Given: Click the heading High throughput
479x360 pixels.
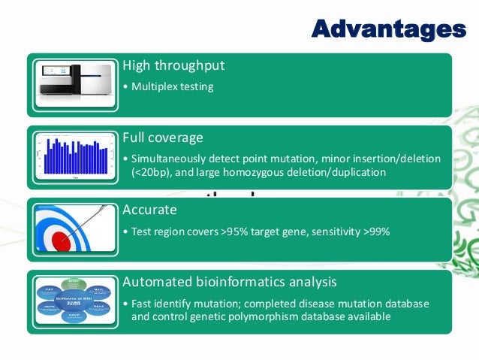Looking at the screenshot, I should click(173, 65).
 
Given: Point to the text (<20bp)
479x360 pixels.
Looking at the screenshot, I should click(152, 173).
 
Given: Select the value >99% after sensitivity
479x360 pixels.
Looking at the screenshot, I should click(376, 231).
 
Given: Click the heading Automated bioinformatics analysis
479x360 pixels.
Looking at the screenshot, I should click(230, 282).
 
